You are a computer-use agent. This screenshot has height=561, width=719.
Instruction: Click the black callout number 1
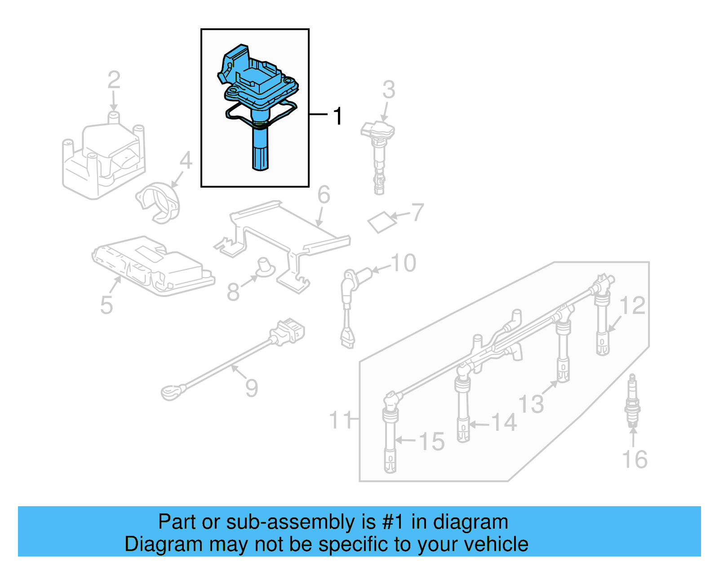338,116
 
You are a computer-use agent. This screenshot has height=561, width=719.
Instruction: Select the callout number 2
114,80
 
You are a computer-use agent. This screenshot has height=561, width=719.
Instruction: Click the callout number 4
186,160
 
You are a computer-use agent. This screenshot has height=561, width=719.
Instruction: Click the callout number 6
324,195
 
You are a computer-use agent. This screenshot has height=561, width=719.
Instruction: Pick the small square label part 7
382,222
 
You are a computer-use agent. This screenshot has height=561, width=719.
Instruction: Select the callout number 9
252,388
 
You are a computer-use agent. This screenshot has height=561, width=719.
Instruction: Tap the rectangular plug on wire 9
288,333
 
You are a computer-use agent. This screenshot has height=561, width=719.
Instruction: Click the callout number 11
340,420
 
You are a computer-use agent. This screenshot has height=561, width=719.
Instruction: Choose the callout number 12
632,305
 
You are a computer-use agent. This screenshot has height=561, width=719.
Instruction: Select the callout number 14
503,423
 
